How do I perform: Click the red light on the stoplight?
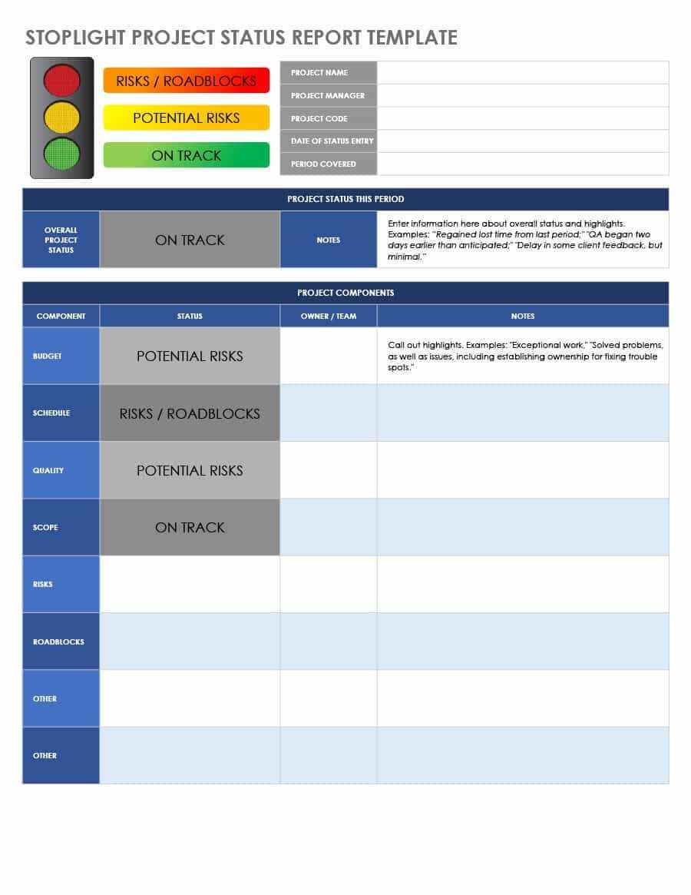62,80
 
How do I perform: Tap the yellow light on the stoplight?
62,117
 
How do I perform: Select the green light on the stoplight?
62,154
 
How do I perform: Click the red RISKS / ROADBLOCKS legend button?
187,81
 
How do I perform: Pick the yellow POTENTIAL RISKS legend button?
187,118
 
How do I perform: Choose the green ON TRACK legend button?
187,155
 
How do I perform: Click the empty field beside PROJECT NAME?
522,72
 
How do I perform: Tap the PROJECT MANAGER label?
328,95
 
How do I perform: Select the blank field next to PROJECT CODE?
522,118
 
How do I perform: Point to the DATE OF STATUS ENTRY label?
332,141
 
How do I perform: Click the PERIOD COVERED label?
323,164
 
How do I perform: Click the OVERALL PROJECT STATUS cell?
61,240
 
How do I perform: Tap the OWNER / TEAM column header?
329,316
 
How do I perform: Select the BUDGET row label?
48,356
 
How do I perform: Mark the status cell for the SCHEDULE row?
190,413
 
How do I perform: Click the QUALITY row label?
48,470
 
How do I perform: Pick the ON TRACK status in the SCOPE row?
190,527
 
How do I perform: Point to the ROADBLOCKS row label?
58,641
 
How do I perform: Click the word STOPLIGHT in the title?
76,38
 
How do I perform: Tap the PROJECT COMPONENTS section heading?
345,293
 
